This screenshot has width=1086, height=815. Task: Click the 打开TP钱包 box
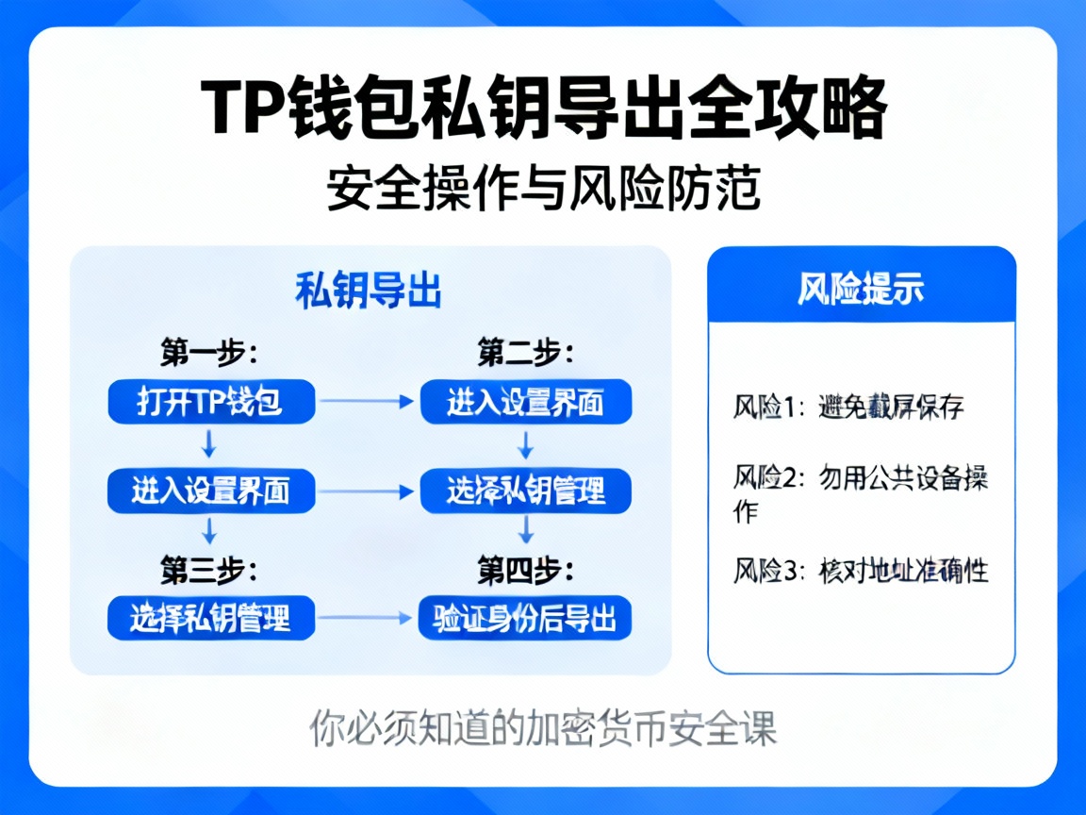(210, 403)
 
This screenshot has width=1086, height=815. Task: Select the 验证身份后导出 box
(525, 619)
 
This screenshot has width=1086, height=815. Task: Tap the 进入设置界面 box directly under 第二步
(525, 403)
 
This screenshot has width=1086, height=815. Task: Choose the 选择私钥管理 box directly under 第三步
(210, 619)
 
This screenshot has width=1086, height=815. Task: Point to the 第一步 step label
(208, 354)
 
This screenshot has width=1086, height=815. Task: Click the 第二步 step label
(525, 354)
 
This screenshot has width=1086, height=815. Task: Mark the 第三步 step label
(208, 570)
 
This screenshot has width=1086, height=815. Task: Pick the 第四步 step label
(525, 570)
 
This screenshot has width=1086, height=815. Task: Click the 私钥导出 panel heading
(369, 291)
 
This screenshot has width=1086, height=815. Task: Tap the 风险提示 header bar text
(861, 289)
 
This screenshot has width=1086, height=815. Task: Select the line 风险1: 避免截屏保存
(848, 408)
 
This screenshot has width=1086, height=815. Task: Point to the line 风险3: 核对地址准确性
(861, 571)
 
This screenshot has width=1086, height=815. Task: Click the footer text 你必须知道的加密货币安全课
(543, 727)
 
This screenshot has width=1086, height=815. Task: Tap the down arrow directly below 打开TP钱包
(210, 443)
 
